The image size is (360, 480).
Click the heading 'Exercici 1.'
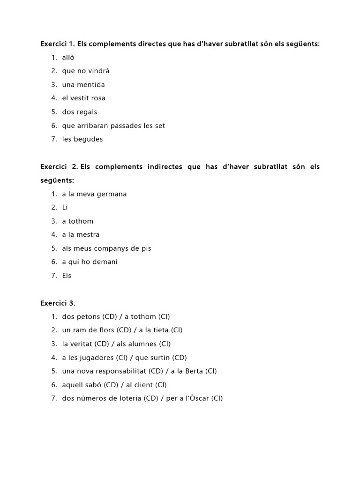tap(58, 44)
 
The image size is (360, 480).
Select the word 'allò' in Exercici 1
tap(68, 58)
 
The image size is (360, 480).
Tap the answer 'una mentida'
tap(83, 85)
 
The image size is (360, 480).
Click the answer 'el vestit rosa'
tap(83, 98)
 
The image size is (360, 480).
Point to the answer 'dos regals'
tap(79, 112)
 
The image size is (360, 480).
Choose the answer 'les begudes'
tap(82, 139)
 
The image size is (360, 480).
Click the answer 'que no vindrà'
tap(85, 71)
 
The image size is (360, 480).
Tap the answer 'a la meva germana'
tap(94, 194)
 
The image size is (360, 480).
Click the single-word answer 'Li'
tap(65, 208)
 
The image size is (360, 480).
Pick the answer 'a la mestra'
tap(81, 235)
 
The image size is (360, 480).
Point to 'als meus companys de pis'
tap(106, 248)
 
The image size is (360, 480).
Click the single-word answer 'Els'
tap(67, 276)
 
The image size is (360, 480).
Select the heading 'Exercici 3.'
tap(58, 303)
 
